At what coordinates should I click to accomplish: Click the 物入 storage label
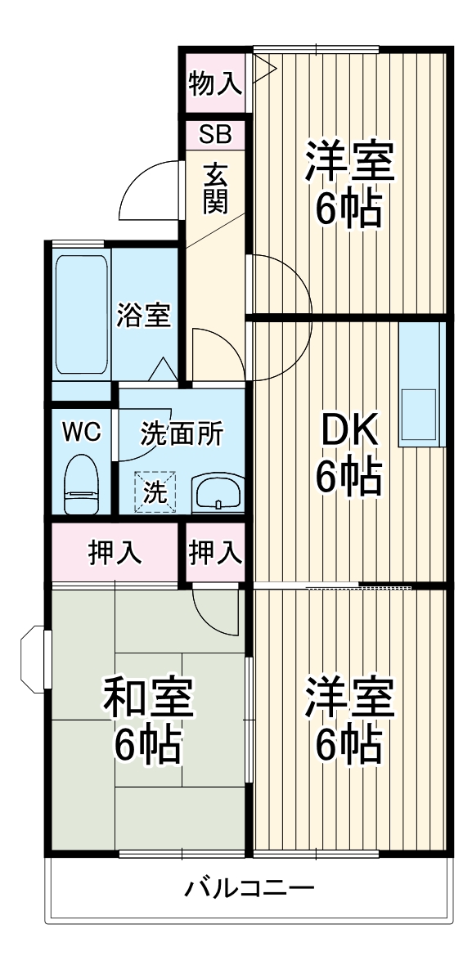(x=214, y=83)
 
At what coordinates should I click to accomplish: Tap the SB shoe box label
(x=214, y=133)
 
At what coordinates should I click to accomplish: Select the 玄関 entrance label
(x=214, y=187)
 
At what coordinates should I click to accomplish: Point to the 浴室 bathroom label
(x=144, y=315)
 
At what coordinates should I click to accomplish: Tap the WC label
(x=82, y=432)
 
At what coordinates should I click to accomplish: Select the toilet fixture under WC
(x=81, y=484)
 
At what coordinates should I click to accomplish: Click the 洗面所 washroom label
(x=182, y=434)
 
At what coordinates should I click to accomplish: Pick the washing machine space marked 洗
(x=155, y=491)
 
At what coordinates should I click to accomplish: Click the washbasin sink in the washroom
(x=217, y=494)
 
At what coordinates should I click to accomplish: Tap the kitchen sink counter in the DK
(x=421, y=384)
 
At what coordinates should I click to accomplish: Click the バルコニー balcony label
(x=249, y=888)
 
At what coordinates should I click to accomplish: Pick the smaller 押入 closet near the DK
(x=215, y=553)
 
